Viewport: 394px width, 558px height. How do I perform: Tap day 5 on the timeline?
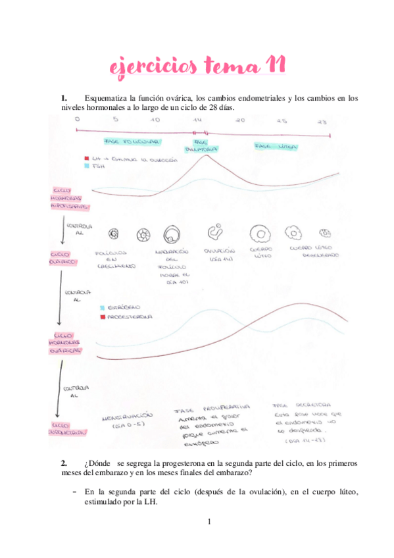point(116,121)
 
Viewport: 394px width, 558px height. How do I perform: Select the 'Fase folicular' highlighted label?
point(133,141)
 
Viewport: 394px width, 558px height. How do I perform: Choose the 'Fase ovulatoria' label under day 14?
point(200,145)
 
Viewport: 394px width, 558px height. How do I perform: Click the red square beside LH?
point(87,159)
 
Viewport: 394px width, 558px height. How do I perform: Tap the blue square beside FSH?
point(87,167)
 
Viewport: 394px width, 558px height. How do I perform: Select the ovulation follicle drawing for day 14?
point(215,233)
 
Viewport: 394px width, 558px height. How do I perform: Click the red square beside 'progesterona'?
point(102,317)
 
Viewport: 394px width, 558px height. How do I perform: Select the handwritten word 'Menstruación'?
point(127,417)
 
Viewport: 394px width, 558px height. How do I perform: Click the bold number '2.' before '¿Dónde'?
point(64,463)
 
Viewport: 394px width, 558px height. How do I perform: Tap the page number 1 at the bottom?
point(209,522)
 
